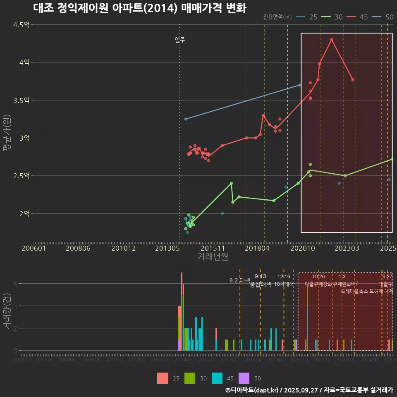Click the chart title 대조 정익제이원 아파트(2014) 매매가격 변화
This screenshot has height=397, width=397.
(x=139, y=8)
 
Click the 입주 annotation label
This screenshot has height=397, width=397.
(x=180, y=40)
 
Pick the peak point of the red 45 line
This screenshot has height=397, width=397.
(x=332, y=40)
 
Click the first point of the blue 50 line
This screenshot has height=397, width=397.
(x=186, y=119)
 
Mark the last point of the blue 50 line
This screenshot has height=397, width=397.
(x=300, y=85)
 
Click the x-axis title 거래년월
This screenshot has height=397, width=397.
(x=213, y=256)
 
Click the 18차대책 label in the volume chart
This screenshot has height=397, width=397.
(x=284, y=284)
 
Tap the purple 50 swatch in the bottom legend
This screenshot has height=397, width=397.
(x=244, y=378)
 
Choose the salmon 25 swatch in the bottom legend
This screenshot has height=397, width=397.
(x=163, y=378)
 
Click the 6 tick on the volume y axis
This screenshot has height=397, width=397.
(x=15, y=284)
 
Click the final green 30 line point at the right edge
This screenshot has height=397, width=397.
(x=392, y=159)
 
